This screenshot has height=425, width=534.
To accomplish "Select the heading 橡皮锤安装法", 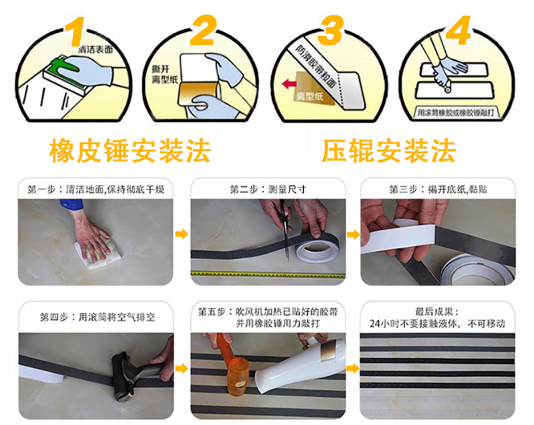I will pyautogui.click(x=129, y=151).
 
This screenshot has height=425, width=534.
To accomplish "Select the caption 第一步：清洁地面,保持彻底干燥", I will pyautogui.click(x=96, y=189).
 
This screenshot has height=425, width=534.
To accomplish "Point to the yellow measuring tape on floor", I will pyautogui.click(x=267, y=274).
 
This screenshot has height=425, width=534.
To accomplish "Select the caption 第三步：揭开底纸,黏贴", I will pyautogui.click(x=438, y=189).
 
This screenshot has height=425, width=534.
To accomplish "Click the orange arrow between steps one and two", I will pyautogui.click(x=181, y=234).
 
